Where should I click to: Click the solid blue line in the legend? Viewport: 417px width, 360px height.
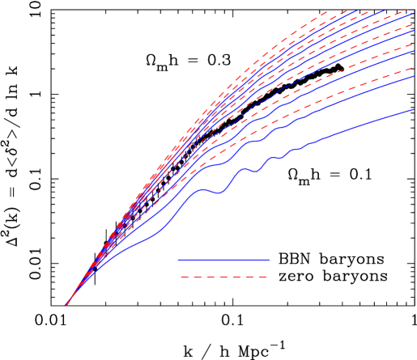point(223,260)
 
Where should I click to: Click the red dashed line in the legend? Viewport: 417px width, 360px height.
point(223,277)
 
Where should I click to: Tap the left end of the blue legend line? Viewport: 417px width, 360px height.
point(179,260)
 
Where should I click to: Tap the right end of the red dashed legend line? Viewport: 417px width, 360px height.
point(267,277)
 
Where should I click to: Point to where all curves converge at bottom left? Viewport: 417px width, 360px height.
point(66,305)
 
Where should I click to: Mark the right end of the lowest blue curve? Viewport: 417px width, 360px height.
point(414,109)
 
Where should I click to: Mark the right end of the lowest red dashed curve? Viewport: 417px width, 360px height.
point(414,66)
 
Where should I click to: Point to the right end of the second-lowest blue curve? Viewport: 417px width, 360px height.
point(414,76)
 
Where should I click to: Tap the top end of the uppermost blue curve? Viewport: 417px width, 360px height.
point(357,11)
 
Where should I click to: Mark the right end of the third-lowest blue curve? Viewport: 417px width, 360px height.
point(414,50)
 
